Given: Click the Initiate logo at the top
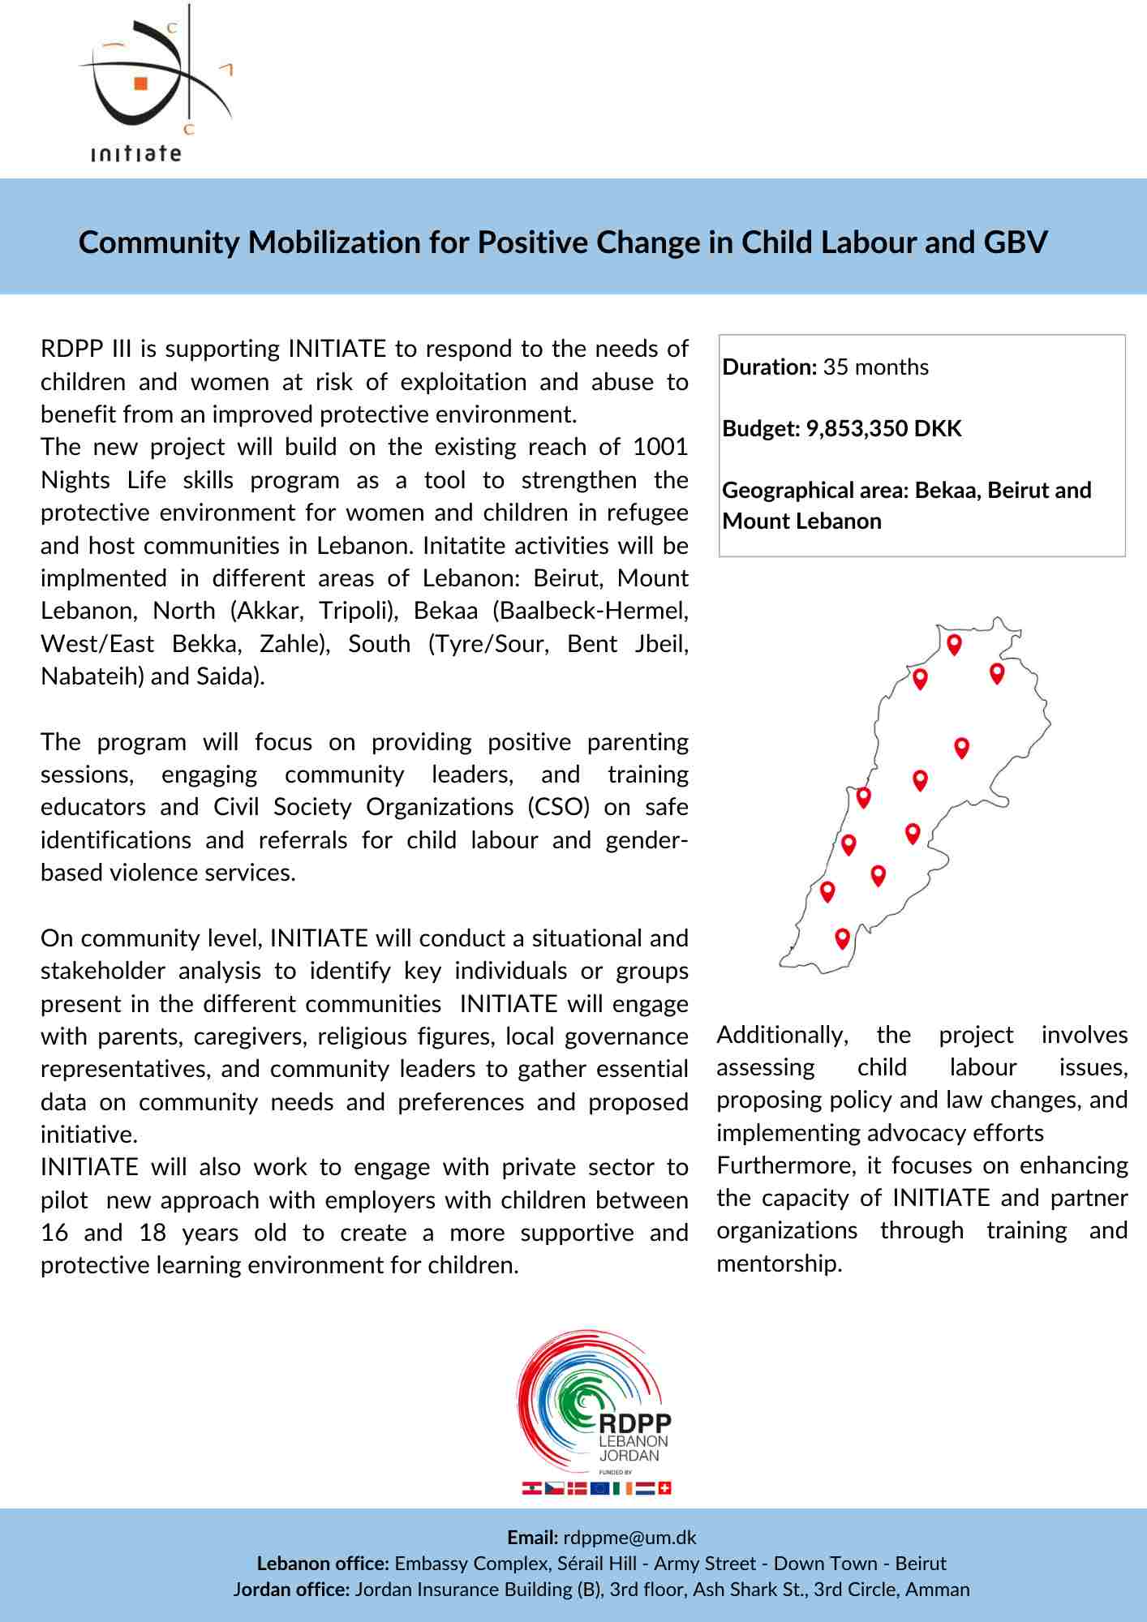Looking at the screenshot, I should coord(150,85).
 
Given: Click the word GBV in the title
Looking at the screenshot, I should coord(1016,242).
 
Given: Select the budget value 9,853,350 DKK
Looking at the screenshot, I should coord(883,429).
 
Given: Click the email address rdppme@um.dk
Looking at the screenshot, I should coord(629,1538).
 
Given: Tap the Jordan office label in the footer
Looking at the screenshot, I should coord(291,1590).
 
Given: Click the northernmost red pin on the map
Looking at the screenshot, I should coord(955,644).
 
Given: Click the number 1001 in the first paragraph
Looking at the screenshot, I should coord(660,447).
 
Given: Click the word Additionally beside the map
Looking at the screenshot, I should coord(782,1036).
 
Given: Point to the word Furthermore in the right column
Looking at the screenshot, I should coord(786,1166).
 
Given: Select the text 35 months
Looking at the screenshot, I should coord(875,367).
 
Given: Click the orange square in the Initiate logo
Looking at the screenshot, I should coord(141,83).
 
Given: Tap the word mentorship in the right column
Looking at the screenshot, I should coord(778,1264).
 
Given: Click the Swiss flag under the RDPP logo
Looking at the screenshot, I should coord(664,1488).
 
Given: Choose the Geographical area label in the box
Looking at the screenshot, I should coord(814,491).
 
